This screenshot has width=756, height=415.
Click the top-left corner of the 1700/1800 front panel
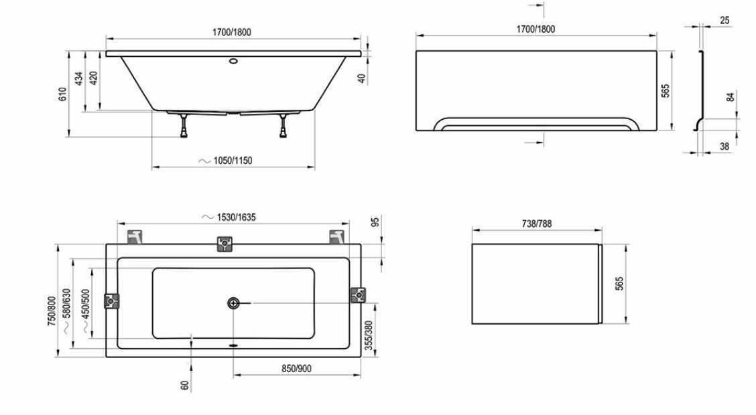coord(416,50)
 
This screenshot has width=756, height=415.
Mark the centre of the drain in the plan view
coord(233,303)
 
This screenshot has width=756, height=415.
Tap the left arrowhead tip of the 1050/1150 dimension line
coord(152,167)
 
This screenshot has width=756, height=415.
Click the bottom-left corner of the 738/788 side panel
coord(472,323)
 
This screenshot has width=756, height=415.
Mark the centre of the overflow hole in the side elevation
coord(233,62)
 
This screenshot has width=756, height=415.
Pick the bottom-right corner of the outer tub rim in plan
coord(361,357)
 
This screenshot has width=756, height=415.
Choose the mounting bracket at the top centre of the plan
coord(225,244)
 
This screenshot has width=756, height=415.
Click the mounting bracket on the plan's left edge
coord(112,301)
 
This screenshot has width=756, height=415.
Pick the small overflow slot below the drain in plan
coord(233,345)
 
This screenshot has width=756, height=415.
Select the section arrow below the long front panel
coord(535,143)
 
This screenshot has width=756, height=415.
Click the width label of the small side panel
coord(537,224)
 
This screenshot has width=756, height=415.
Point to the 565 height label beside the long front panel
coord(666,90)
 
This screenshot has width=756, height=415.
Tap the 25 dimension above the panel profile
coord(724,20)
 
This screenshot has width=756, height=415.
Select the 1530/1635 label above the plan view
coord(236,217)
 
